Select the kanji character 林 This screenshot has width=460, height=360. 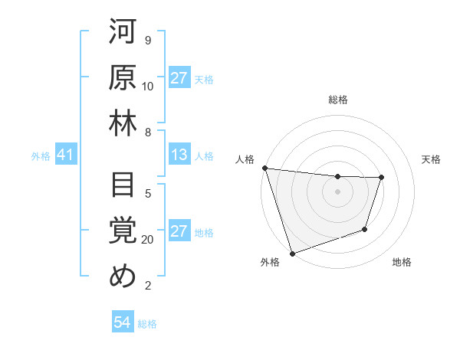click(123, 124)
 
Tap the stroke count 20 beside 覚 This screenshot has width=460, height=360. click(148, 240)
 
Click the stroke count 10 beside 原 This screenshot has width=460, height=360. click(148, 86)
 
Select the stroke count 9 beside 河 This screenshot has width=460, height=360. click(147, 41)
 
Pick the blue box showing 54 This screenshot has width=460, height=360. click(122, 322)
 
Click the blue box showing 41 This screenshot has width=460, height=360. click(65, 155)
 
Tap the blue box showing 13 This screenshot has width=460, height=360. click(179, 155)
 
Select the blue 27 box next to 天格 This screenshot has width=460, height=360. click(179, 78)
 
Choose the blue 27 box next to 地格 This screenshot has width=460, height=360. click(179, 232)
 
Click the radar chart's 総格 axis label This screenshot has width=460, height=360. click(337, 100)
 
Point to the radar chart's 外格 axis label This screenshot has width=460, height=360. click(269, 263)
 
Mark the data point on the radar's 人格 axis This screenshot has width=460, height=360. click(264, 168)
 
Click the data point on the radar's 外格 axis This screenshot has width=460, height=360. click(292, 254)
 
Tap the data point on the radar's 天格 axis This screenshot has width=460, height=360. click(381, 178)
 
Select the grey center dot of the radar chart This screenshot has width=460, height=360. click(337, 191)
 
